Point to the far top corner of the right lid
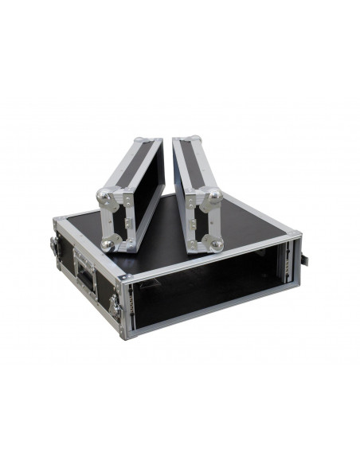[x=176, y=140]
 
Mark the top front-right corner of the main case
[x=295, y=236]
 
